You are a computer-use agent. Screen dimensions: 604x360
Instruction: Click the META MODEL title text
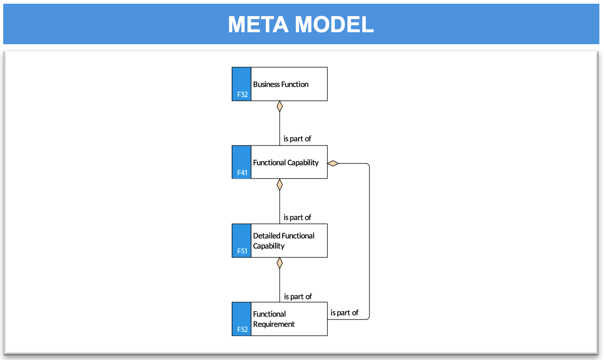(x=301, y=24)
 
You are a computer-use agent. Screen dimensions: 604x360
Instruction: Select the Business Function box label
(x=281, y=84)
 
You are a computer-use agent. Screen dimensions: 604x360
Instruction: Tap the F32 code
(x=242, y=94)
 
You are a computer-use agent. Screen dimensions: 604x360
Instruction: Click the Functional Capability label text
(x=286, y=163)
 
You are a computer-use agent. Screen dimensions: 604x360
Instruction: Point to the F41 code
(x=242, y=173)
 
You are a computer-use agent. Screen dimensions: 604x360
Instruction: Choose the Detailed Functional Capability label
(x=283, y=241)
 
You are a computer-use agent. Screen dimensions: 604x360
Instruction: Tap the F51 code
(x=242, y=251)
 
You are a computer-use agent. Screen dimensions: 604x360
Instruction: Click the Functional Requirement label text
(x=273, y=319)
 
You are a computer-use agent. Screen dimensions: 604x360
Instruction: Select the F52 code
(x=242, y=329)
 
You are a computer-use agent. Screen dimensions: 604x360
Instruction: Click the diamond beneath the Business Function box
(x=280, y=106)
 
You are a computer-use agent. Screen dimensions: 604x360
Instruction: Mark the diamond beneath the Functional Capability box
(x=280, y=185)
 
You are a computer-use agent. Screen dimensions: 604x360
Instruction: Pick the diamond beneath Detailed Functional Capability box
(x=280, y=263)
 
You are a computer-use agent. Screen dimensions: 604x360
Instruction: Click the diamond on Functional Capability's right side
(x=333, y=163)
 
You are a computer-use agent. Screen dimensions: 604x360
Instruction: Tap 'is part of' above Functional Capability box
(x=297, y=139)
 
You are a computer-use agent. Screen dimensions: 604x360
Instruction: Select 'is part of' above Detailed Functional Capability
(x=297, y=217)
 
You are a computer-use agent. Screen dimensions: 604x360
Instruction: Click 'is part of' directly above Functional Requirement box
(x=298, y=296)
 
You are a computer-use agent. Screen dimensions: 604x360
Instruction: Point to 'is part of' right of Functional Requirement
(x=344, y=313)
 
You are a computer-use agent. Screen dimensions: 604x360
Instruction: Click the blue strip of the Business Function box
(x=241, y=84)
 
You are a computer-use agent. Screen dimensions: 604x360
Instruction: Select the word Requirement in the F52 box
(x=273, y=324)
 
